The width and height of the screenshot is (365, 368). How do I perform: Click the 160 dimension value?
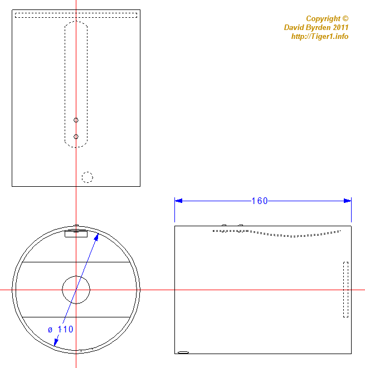260,201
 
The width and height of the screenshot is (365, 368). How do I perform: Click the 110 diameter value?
65,329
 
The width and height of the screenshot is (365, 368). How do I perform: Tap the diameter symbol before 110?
50,330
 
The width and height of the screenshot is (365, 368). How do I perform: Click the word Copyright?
323,19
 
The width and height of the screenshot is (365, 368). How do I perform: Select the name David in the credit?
293,27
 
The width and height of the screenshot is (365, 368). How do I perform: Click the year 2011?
340,27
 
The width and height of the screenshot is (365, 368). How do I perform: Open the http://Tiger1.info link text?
320,36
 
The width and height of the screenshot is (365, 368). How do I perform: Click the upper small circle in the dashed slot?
76,120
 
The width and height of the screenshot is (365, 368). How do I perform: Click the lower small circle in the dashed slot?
76,137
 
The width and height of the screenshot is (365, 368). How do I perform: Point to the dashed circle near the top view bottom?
87,172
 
